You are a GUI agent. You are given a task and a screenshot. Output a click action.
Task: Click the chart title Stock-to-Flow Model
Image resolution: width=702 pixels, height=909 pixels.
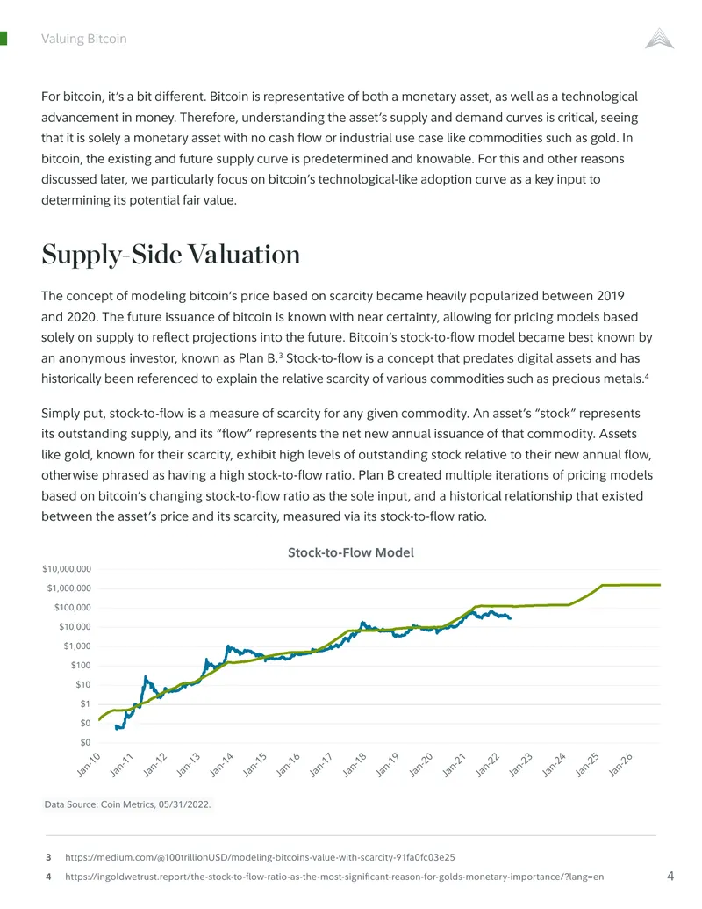(x=350, y=552)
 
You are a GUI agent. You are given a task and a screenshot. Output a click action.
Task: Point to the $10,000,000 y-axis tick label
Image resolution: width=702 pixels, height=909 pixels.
(x=67, y=569)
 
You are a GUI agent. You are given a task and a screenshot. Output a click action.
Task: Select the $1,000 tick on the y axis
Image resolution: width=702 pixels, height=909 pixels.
(x=77, y=646)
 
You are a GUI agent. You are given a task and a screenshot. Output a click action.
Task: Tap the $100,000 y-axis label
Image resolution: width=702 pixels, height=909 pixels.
(x=73, y=608)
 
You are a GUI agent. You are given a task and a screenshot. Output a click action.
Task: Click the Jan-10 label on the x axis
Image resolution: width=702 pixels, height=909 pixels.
(x=89, y=765)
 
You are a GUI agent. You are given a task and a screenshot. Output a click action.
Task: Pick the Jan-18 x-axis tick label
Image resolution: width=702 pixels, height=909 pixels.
(x=355, y=765)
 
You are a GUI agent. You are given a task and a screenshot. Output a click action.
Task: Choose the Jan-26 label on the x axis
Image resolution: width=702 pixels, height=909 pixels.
(x=620, y=765)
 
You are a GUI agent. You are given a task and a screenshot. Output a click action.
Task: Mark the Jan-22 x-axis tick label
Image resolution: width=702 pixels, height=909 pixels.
(x=487, y=765)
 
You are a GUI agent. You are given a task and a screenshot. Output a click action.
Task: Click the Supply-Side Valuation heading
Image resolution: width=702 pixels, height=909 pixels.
(x=171, y=255)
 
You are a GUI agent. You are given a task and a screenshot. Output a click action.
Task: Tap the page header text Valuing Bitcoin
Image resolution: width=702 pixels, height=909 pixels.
(x=84, y=39)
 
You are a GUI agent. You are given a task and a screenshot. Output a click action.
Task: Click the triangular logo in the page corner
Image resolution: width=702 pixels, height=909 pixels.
(x=660, y=39)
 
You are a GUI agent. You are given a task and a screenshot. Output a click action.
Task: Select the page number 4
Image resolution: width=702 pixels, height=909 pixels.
(x=670, y=876)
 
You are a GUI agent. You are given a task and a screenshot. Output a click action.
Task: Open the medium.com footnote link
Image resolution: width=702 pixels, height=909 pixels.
(x=260, y=857)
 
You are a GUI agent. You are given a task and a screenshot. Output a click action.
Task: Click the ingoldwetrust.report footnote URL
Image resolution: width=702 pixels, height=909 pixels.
(x=334, y=877)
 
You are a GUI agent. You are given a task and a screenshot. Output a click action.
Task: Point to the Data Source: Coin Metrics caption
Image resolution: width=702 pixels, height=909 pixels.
(x=127, y=804)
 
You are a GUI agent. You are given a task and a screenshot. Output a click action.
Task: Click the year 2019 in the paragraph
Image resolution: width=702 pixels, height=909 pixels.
(x=611, y=296)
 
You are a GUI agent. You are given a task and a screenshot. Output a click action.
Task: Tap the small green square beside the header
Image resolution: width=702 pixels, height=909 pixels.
(x=3, y=39)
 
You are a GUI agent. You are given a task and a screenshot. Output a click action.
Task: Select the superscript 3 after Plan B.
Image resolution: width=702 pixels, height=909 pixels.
(x=281, y=355)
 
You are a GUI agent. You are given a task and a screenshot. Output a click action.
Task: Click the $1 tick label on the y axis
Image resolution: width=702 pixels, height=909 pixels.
(x=85, y=703)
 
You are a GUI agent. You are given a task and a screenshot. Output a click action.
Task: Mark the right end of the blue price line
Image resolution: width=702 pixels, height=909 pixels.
(x=511, y=618)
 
